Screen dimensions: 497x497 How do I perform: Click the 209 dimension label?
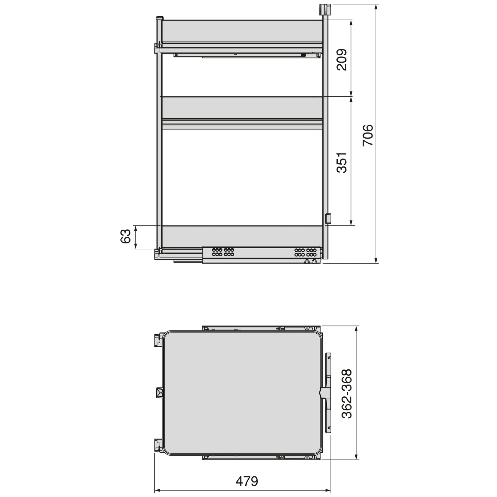click(342, 60)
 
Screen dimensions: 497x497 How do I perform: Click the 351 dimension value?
click(342, 162)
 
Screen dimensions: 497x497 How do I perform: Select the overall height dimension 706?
click(367, 134)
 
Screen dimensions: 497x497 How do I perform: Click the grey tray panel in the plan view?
click(242, 393)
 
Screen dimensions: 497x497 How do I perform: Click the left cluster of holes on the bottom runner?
click(223, 252)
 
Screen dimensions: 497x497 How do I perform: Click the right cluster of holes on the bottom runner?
click(305, 252)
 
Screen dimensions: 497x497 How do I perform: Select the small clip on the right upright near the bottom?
click(328, 218)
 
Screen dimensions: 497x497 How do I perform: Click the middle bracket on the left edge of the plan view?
click(159, 392)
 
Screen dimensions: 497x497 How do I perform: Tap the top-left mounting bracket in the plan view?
click(158, 340)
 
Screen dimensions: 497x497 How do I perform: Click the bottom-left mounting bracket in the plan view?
click(158, 445)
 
